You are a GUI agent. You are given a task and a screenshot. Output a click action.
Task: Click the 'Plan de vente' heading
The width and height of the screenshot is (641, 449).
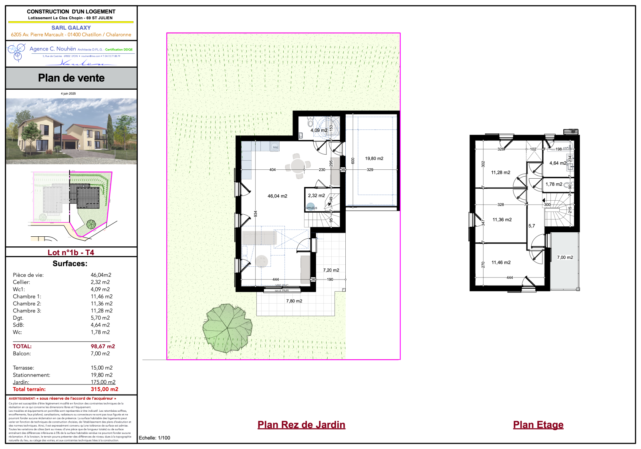pos(71,78)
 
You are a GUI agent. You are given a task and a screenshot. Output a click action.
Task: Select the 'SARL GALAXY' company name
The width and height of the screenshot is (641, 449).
pos(71,28)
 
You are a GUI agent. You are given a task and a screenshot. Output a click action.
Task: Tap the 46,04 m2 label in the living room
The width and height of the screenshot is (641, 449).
pos(277,196)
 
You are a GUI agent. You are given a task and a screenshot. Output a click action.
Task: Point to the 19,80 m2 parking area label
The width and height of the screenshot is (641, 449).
pos(374,159)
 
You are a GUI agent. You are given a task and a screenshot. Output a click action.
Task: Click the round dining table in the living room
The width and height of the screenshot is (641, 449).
pos(298,165)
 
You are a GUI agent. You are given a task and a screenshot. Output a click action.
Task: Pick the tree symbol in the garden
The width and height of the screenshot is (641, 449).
pos(227,328)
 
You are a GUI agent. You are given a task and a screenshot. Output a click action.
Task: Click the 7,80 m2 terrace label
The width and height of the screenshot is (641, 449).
pos(294,301)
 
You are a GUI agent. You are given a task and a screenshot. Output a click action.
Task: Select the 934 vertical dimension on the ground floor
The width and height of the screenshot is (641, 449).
pos(256,214)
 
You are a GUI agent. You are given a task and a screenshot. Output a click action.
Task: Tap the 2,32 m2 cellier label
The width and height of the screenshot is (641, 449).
pos(316,196)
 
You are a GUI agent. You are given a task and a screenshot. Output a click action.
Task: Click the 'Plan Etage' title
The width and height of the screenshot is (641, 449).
pos(538,425)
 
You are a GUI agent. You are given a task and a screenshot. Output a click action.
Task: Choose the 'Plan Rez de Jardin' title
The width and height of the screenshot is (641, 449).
pos(301,425)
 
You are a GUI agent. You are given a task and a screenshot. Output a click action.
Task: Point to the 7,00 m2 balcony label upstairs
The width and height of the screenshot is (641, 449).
pos(565,258)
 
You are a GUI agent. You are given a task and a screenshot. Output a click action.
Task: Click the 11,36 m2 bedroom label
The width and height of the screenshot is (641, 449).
pos(502,220)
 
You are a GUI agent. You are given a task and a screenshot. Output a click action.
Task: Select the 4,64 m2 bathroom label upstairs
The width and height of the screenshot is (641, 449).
pos(558,163)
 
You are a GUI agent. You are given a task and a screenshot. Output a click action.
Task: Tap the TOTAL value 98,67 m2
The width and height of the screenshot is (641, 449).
pos(103,346)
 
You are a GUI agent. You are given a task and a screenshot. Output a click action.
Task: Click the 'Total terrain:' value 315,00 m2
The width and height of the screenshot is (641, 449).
pos(104,389)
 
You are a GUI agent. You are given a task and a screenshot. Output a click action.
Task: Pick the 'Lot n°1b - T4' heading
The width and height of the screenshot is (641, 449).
pos(71,252)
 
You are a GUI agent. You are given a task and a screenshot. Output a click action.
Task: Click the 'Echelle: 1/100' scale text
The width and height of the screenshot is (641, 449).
pos(154,438)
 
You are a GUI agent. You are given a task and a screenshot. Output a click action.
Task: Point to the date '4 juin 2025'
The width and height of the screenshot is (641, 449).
pos(68,94)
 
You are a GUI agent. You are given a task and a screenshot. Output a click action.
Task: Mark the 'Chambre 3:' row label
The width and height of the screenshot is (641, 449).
pos(27,311)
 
